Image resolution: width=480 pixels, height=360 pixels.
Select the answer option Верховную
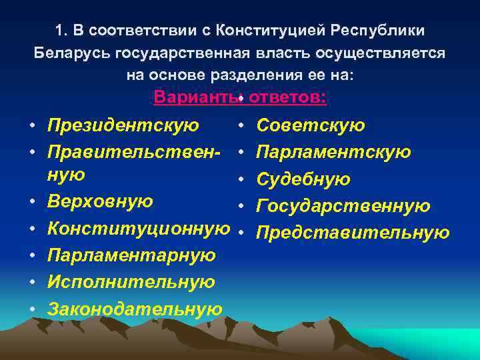[100, 201]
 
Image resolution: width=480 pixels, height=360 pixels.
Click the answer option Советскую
[311, 125]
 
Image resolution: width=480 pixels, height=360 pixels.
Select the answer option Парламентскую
[333, 153]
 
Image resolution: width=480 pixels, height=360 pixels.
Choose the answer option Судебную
[303, 179]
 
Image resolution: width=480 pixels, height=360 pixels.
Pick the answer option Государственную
[343, 206]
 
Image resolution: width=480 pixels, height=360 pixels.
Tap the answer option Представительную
[353, 233]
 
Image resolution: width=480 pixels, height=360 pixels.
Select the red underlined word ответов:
[286, 97]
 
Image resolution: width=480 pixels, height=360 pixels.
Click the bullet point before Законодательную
[32, 310]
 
